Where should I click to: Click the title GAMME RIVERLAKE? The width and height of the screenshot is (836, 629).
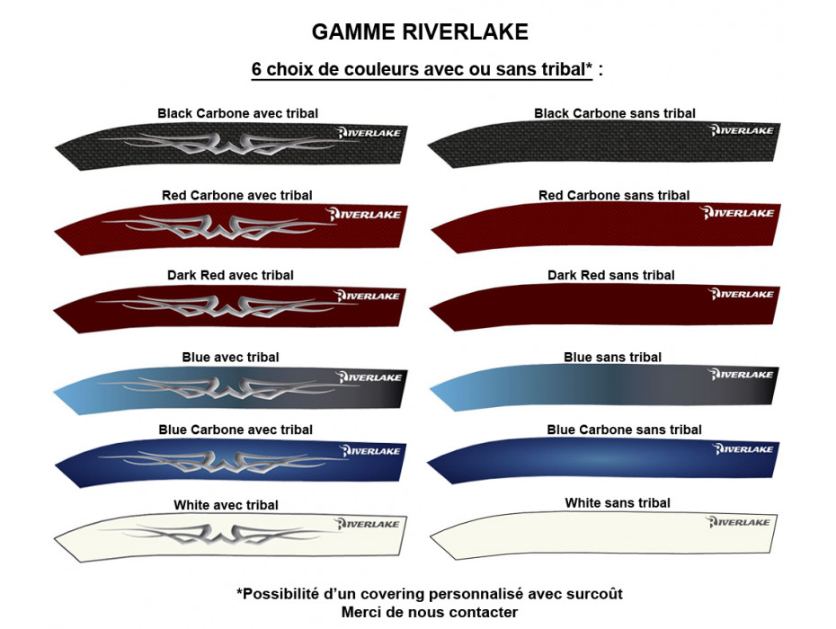(419, 31)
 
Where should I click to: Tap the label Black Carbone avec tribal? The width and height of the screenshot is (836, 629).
(237, 113)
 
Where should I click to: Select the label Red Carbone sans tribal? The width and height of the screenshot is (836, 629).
(614, 195)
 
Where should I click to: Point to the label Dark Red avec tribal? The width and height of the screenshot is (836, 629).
(230, 275)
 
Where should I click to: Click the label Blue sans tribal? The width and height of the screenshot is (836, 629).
(612, 357)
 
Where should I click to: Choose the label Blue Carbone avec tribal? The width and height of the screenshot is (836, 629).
(236, 430)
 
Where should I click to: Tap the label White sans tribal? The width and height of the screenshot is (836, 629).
(617, 503)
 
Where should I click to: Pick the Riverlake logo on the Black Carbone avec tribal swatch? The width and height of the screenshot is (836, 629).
(369, 133)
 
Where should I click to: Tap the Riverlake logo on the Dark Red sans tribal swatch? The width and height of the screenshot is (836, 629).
(742, 294)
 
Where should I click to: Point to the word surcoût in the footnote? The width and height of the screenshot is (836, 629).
(591, 594)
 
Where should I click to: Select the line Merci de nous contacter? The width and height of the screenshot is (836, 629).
(429, 612)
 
